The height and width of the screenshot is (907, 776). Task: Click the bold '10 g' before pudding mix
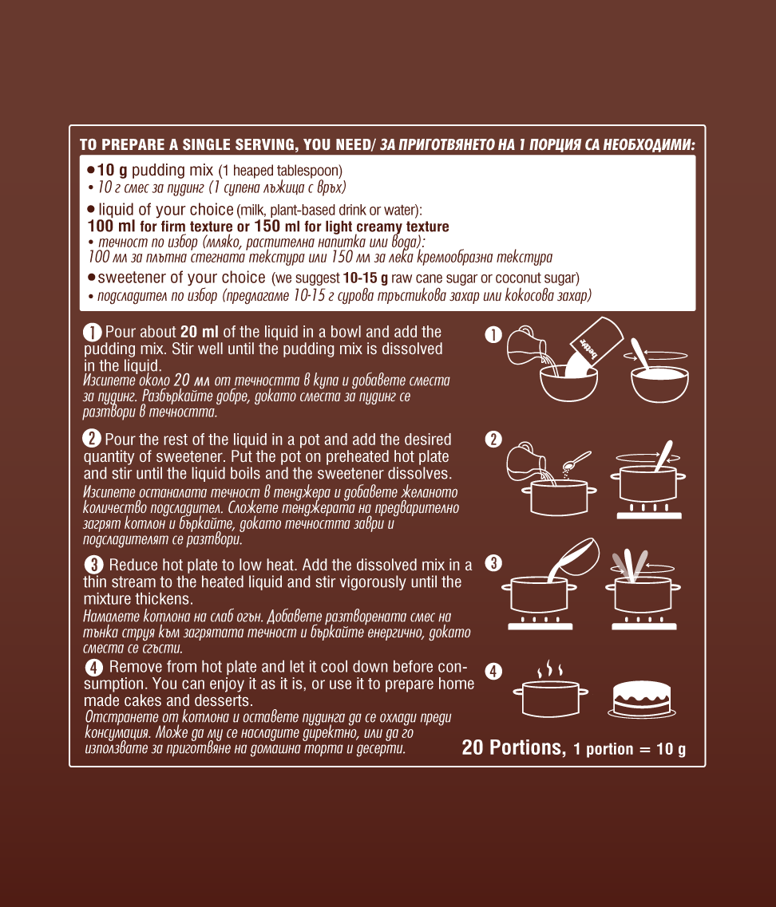pyautogui.click(x=113, y=170)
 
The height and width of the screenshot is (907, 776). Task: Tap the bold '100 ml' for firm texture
pyautogui.click(x=111, y=227)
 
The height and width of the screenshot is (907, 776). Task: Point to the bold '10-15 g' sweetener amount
pyautogui.click(x=366, y=278)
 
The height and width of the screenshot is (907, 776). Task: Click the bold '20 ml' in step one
pyautogui.click(x=200, y=332)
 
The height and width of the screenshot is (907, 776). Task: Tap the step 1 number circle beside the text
pyautogui.click(x=92, y=333)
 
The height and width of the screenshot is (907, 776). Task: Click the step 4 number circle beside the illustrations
pyautogui.click(x=493, y=672)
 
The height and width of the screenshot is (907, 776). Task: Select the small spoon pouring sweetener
pyautogui.click(x=576, y=461)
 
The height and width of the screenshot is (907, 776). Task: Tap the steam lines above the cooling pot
pyautogui.click(x=550, y=669)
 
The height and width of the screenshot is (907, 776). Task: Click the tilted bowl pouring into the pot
pyautogui.click(x=574, y=558)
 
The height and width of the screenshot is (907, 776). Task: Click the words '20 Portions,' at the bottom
pyautogui.click(x=513, y=747)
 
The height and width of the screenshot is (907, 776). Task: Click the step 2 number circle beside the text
pyautogui.click(x=92, y=439)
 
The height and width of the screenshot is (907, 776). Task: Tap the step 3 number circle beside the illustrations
pyautogui.click(x=493, y=563)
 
